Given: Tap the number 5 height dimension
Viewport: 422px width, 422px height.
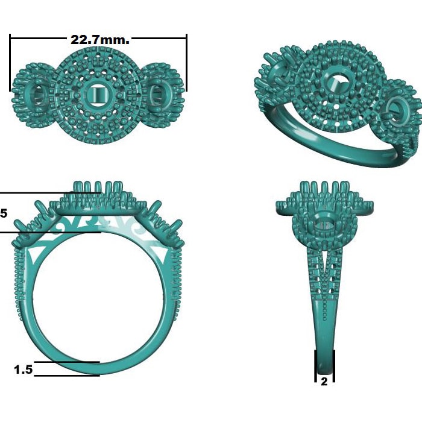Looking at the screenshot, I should pos(4,213).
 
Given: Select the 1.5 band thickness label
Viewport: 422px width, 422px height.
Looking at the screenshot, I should pos(24,369).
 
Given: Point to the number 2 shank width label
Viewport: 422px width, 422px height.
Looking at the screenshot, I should pos(324,382).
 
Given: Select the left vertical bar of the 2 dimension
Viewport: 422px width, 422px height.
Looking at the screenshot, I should pos(315,366).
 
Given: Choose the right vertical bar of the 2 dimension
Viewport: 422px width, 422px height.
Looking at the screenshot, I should pos(333,366).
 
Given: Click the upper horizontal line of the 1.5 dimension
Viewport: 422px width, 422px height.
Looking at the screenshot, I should pos(66,362).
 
